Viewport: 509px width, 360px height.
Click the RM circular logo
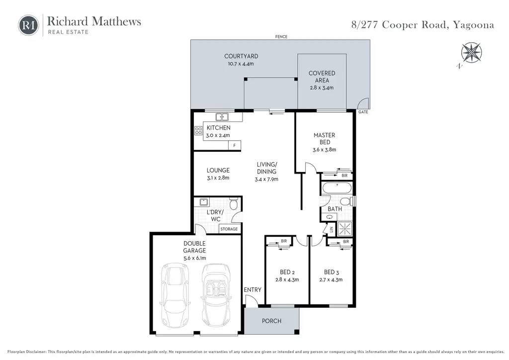pyautogui.click(x=28, y=25)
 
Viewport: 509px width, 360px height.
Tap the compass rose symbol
pyautogui.click(x=471, y=53)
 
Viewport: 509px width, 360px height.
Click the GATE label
pyautogui.click(x=363, y=112)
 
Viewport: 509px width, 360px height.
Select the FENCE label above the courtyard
pyautogui.click(x=281, y=37)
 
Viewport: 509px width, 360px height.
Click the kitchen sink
pyautogui.click(x=222, y=116)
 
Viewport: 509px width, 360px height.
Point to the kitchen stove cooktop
pyautogui.click(x=198, y=130)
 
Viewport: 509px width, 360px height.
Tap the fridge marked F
pyautogui.click(x=235, y=145)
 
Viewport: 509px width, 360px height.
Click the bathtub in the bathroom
pyautogui.click(x=337, y=188)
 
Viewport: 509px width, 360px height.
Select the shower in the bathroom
pyautogui.click(x=345, y=229)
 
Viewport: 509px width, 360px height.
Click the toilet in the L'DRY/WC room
pyautogui.click(x=234, y=203)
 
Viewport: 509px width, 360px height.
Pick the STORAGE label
pyautogui.click(x=229, y=229)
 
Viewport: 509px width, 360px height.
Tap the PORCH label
pyautogui.click(x=272, y=321)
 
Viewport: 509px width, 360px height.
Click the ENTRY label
pyautogui.click(x=253, y=290)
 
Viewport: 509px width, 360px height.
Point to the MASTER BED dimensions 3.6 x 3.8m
pyautogui.click(x=324, y=150)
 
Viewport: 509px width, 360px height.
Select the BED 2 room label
pyautogui.click(x=287, y=272)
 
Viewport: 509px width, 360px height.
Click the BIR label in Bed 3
pyautogui.click(x=346, y=242)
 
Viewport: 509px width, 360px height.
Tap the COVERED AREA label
pyautogui.click(x=322, y=77)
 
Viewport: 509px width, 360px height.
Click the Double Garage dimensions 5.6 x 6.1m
pyautogui.click(x=194, y=258)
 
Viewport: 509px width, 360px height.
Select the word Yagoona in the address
pyautogui.click(x=474, y=25)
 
